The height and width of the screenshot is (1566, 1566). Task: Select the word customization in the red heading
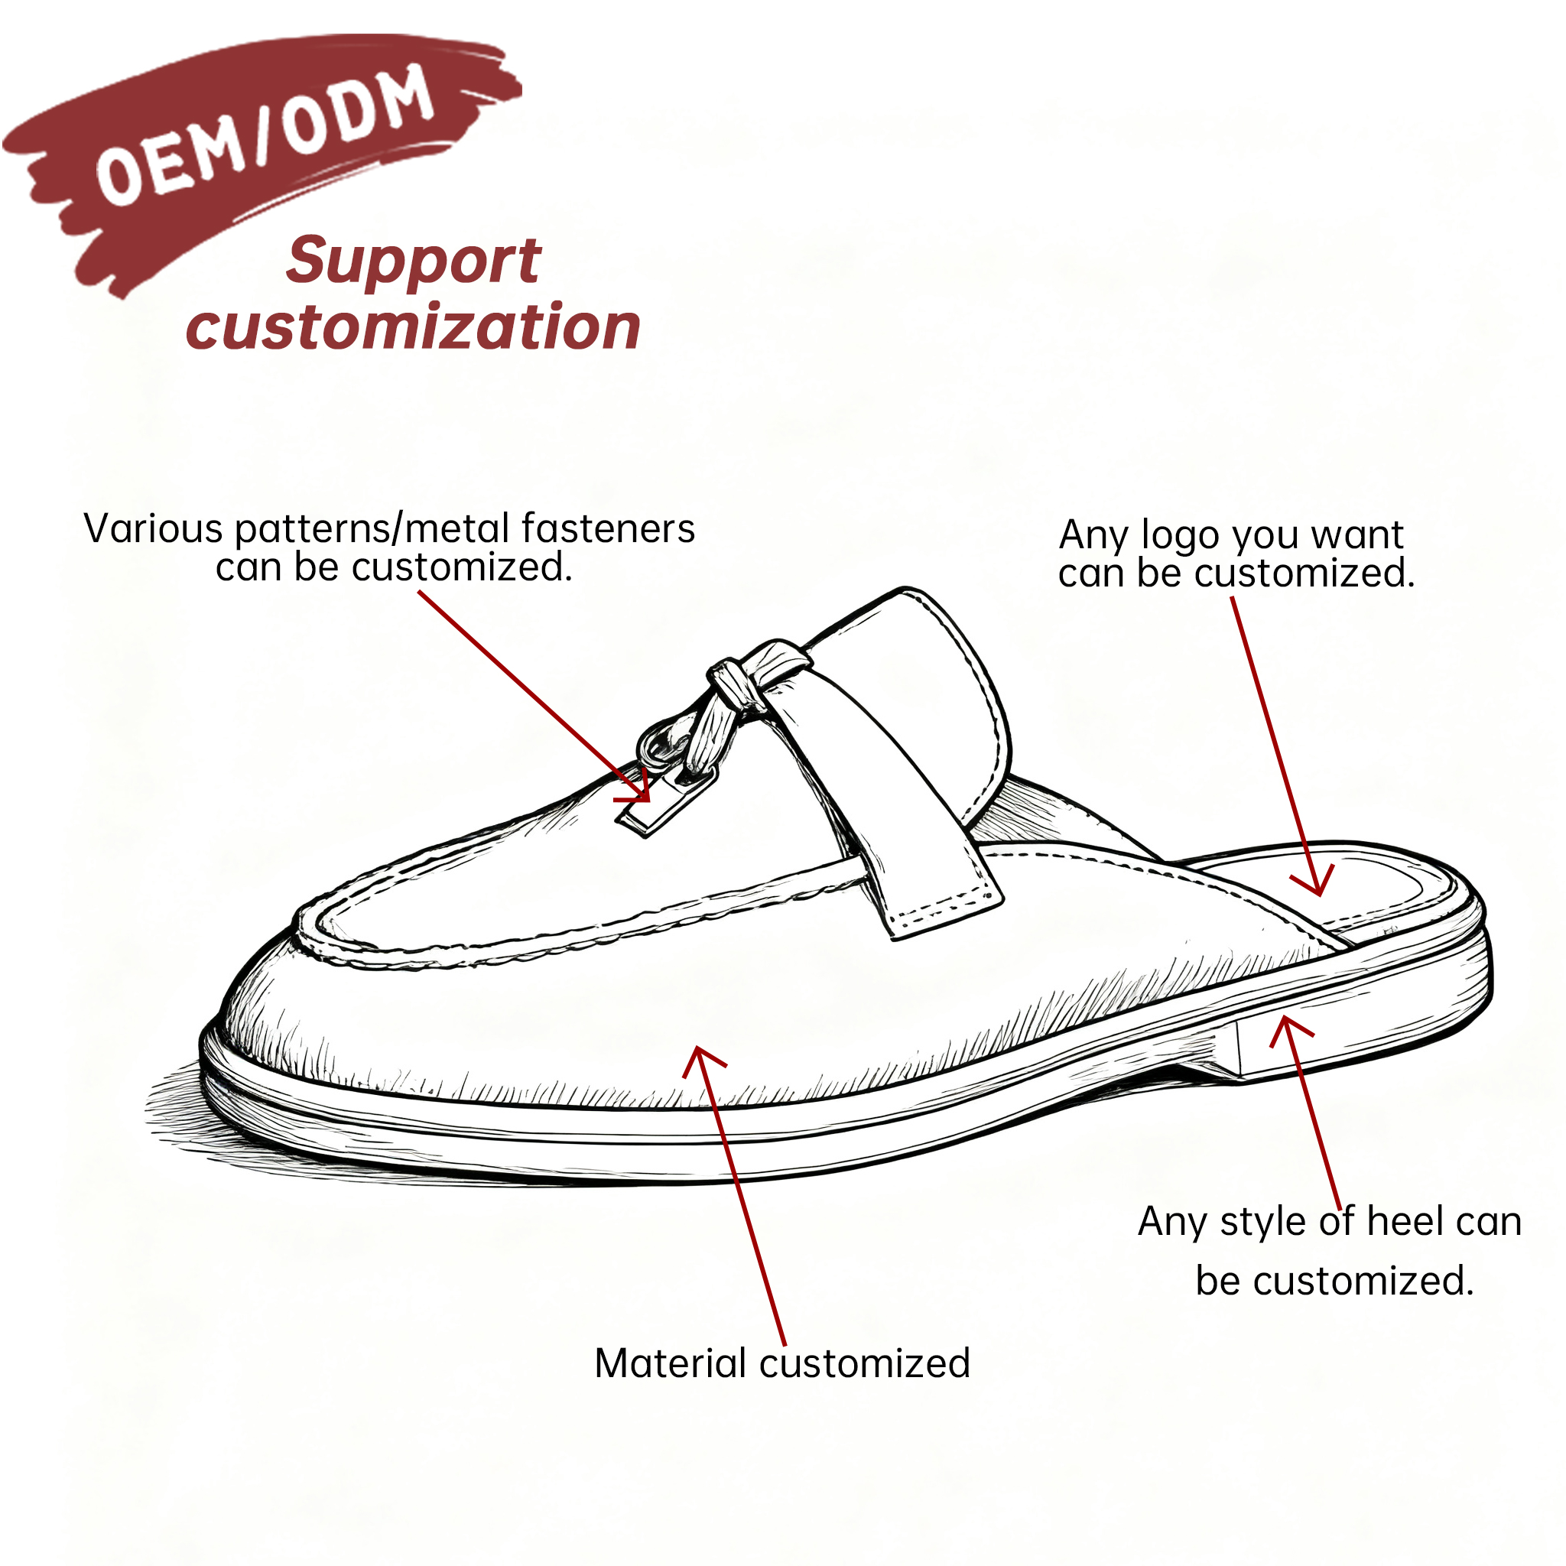[414, 326]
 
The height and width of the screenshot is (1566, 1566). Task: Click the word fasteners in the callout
[608, 528]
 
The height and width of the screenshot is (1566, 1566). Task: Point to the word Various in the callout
[153, 528]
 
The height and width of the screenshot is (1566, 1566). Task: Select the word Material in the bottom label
[671, 1363]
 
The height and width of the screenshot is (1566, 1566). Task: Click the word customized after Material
[864, 1363]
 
